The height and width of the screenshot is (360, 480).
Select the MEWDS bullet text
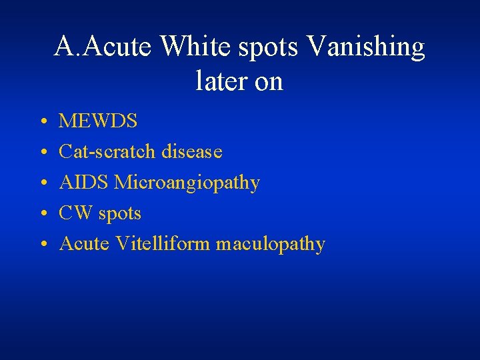tap(98, 121)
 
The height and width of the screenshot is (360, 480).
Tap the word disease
tap(192, 152)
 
